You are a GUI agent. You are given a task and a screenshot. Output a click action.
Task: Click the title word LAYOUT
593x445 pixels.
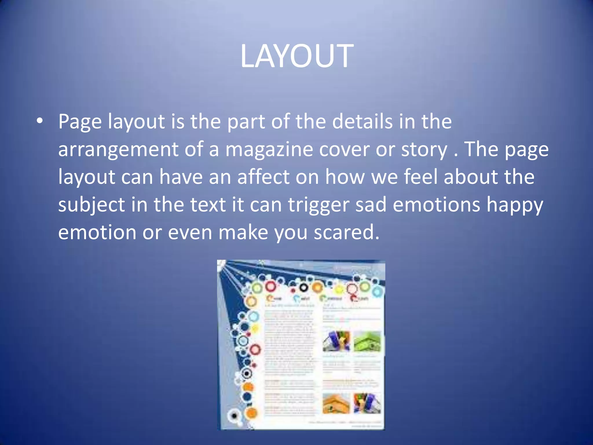[x=297, y=56]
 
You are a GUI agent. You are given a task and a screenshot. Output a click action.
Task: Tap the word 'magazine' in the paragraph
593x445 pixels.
[x=269, y=149]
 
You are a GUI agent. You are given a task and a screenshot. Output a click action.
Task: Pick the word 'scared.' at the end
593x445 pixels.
[x=347, y=232]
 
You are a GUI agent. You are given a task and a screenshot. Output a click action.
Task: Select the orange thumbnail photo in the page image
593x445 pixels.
[x=336, y=403]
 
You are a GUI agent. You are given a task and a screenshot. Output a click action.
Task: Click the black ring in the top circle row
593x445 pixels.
[x=303, y=288]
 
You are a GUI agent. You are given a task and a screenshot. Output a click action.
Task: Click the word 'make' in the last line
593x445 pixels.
[x=243, y=232]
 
